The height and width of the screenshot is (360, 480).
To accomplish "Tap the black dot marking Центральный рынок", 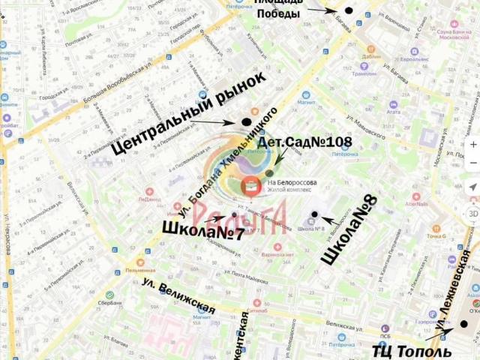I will click(x=246, y=121).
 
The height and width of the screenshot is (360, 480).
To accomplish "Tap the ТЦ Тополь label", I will click(x=412, y=351).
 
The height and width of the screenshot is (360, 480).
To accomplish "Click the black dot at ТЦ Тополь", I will click(x=463, y=325).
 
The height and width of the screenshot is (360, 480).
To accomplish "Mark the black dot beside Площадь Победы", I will click(x=348, y=10).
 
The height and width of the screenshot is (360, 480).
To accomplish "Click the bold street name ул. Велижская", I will click(x=178, y=295).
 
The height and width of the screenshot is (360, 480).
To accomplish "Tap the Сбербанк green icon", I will click(x=110, y=295).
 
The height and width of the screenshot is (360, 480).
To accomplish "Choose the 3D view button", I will click(x=472, y=213).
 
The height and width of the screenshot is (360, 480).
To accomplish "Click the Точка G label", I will click(x=437, y=236).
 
